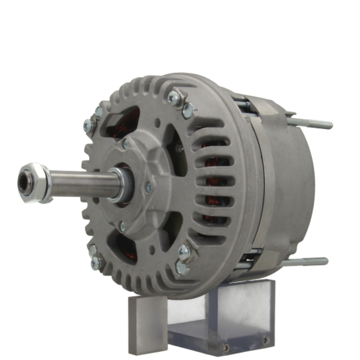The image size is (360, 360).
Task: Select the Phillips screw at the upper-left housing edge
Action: point(89,125)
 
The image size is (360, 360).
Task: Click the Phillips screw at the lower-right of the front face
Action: point(184,252)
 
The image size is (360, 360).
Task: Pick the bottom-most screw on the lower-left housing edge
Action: point(96,264)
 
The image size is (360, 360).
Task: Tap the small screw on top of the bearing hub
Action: point(126,144)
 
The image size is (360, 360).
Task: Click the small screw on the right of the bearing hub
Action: point(148,187)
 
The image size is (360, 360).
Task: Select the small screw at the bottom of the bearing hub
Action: point(122,226)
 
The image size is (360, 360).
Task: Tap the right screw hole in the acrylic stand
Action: point(265,339)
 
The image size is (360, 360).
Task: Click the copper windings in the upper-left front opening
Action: point(130,121)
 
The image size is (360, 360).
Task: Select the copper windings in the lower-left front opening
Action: point(126,248)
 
